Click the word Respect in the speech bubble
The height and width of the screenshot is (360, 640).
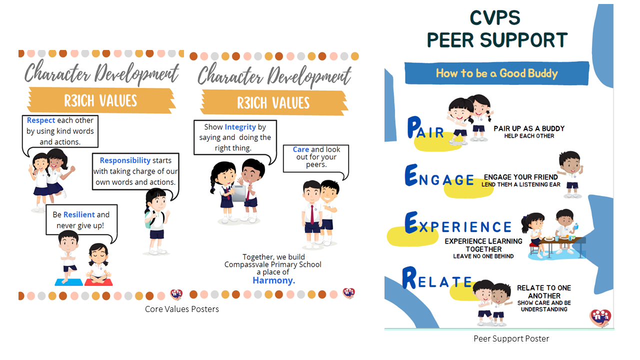click(41, 120)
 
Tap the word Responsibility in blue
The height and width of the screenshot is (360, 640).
click(125, 160)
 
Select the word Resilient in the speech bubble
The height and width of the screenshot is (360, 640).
click(79, 214)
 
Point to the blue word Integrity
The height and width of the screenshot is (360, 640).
click(240, 127)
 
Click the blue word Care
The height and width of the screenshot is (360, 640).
click(301, 149)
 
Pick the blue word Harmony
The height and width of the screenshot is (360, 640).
click(273, 280)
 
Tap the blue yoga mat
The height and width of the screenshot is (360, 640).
click(68, 282)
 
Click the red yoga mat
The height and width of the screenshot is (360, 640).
click(98, 282)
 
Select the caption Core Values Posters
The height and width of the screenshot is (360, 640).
click(181, 309)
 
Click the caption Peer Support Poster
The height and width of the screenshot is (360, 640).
click(511, 338)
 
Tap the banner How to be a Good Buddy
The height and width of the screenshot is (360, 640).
click(497, 73)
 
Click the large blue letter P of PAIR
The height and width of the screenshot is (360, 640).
click(414, 127)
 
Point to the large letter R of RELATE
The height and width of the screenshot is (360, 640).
click(409, 277)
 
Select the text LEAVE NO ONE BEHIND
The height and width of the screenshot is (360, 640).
click(483, 256)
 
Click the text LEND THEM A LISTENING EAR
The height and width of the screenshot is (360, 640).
click(521, 184)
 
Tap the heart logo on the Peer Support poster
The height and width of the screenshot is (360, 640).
click(600, 317)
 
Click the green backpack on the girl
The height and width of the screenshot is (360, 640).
click(148, 219)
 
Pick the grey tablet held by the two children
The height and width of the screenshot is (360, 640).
click(239, 193)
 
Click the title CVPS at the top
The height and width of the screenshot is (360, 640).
click(495, 17)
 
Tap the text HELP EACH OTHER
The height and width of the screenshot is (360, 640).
click(529, 136)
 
